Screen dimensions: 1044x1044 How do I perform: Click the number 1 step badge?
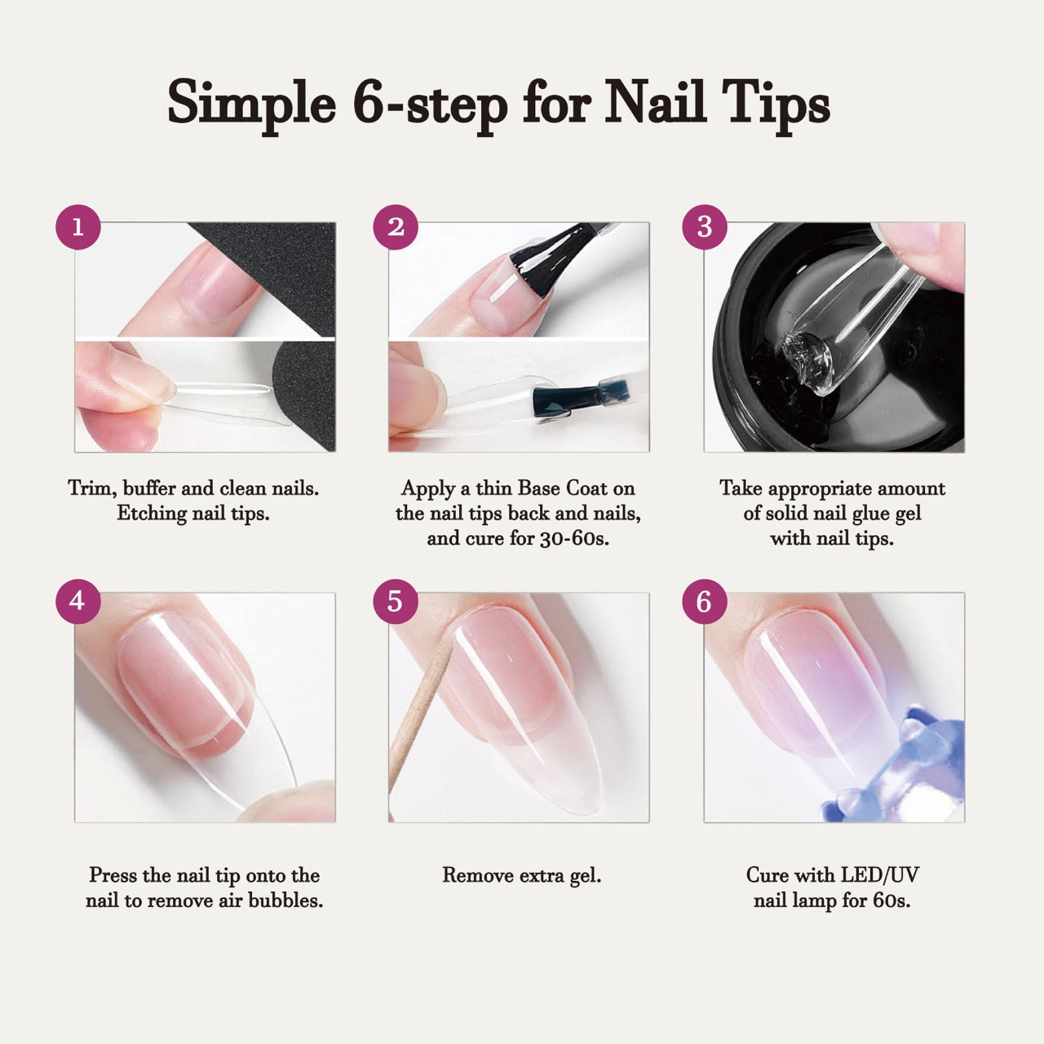pyautogui.click(x=77, y=227)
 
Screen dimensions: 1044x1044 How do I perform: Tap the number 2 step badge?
pyautogui.click(x=396, y=227)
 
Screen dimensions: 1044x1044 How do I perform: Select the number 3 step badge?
pyautogui.click(x=705, y=227)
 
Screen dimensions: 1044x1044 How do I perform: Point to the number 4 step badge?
pyautogui.click(x=77, y=601)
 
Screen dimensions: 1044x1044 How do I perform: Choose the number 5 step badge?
pyautogui.click(x=396, y=601)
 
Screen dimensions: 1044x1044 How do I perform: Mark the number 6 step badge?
pyautogui.click(x=705, y=601)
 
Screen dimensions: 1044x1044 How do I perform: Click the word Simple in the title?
pyautogui.click(x=251, y=104)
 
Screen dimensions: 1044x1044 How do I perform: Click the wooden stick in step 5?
pyautogui.click(x=418, y=718)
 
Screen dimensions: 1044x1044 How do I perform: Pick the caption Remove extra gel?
pyautogui.click(x=521, y=876)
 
